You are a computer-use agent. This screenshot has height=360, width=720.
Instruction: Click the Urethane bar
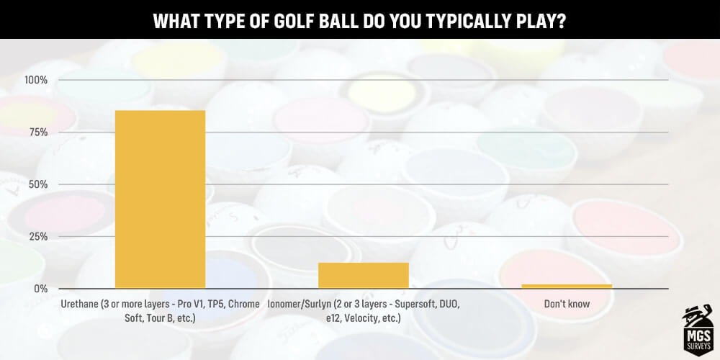[x=160, y=199]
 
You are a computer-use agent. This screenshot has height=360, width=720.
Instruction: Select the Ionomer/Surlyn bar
[x=364, y=276]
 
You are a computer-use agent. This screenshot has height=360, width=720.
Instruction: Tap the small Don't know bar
[x=567, y=286]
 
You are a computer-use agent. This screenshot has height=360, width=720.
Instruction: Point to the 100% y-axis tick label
[x=36, y=80]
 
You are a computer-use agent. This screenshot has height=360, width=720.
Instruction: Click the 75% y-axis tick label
[x=37, y=132]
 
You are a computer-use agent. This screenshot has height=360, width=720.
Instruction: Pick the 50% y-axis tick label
[x=37, y=184]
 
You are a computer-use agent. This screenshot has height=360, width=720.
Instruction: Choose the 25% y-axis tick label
[x=37, y=237]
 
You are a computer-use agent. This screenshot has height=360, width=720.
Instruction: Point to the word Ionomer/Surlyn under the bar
[x=301, y=305]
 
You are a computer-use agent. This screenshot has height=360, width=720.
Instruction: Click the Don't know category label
[x=567, y=305]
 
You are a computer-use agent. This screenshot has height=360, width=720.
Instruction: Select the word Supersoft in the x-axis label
[x=411, y=305]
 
